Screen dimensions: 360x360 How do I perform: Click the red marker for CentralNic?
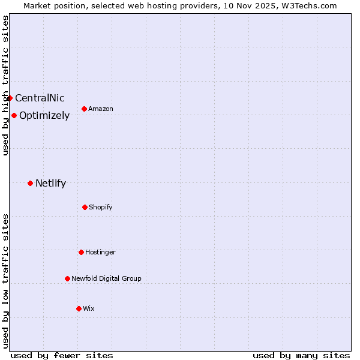10,98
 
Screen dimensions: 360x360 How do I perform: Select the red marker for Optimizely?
14,115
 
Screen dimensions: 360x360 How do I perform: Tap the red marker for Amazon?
84,109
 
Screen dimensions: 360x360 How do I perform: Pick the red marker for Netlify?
30,183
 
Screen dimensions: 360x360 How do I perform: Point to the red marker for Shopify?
85,207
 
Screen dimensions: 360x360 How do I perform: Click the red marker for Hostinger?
81,252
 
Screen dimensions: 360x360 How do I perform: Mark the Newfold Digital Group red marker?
67,278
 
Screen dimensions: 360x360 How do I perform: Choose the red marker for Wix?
79,308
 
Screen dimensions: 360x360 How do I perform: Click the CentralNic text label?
40,98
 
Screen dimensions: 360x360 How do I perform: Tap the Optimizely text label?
44,115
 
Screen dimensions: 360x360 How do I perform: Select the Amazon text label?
101,109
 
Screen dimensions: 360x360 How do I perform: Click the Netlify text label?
50,183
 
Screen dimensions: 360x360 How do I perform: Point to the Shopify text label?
101,207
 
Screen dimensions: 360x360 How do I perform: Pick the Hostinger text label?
100,252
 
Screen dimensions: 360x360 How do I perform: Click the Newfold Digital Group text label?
106,278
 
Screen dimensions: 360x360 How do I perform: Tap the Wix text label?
89,308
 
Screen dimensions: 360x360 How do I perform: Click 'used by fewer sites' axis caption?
62,355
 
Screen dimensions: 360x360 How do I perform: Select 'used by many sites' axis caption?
301,355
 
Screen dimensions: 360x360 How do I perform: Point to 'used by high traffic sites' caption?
5,85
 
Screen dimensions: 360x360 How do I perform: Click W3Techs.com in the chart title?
308,5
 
